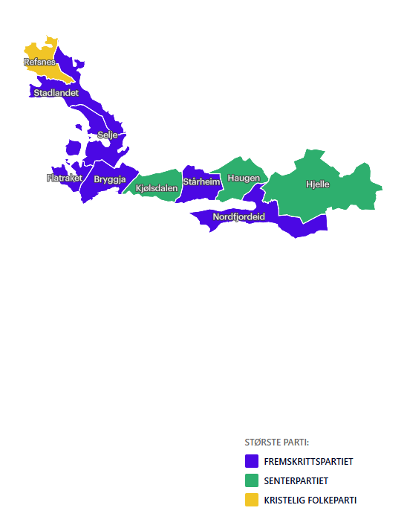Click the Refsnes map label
coord(39,62)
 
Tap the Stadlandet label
coord(56,93)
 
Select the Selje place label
coord(108,135)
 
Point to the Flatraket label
coord(64,178)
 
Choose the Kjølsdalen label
coord(157,188)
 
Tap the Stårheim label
coord(202,181)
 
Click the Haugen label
coord(244,178)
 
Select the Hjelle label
coord(318,184)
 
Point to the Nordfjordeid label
coord(238,216)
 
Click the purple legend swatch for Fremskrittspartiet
coord(251,461)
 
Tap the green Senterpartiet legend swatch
coord(251,480)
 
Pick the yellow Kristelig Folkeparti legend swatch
coord(251,500)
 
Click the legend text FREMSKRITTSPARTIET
coord(308,461)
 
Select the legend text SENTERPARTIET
coord(296,480)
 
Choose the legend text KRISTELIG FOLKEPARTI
coord(310,500)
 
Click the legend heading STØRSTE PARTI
coord(276,442)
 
